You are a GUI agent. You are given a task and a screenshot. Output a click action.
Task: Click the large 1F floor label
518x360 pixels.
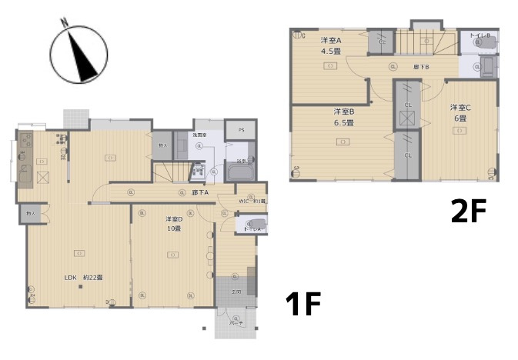[302, 305]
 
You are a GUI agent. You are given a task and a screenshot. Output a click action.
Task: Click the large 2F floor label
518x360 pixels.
[469, 211]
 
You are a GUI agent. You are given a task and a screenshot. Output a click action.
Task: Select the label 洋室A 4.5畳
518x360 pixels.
[332, 45]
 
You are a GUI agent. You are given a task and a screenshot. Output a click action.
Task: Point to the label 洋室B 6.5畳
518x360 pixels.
[343, 116]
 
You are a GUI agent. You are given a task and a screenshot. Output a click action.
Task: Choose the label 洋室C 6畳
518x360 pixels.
[460, 112]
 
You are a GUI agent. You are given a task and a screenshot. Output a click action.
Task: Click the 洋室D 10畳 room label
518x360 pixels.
[173, 224]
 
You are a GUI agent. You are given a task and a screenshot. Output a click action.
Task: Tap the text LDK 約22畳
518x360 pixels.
[82, 278]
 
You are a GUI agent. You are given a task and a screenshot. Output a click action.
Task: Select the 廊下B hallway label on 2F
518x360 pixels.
[420, 67]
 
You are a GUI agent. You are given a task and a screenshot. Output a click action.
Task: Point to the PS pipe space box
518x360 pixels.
[242, 130]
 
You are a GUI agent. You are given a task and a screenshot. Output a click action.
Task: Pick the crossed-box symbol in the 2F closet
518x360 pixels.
[407, 118]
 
